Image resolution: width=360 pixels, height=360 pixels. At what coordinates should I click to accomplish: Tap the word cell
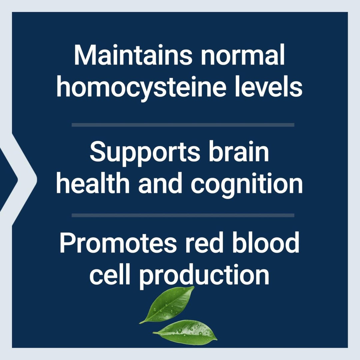point(110,275)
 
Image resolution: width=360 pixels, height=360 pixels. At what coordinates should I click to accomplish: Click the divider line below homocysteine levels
point(183,125)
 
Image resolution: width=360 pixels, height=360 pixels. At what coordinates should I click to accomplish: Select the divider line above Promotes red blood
point(183,215)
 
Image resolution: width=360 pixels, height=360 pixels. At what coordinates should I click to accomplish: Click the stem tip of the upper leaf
point(140,323)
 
